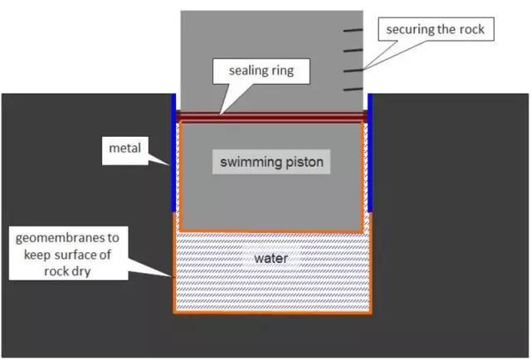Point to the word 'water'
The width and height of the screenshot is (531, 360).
[x=270, y=259]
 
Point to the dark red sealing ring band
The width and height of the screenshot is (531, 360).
[x=271, y=117]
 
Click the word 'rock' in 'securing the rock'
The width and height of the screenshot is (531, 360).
[x=475, y=31]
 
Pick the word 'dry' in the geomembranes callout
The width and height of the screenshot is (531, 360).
[x=85, y=268]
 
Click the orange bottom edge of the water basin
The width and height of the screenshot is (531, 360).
[x=271, y=314]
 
